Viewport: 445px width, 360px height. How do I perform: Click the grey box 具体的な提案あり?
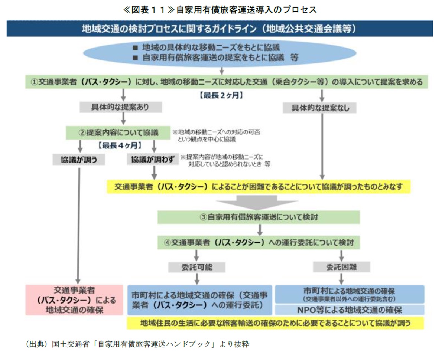(x=121, y=107)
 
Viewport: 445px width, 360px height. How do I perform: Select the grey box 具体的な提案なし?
(x=319, y=108)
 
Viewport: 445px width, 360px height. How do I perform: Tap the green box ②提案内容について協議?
(x=118, y=132)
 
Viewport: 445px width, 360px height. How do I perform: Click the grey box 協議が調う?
(x=79, y=160)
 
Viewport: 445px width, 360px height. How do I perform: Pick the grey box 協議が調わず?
(x=153, y=160)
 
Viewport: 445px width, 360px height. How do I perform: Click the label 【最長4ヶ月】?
(x=120, y=146)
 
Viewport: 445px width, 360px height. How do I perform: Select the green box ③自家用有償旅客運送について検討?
(x=259, y=217)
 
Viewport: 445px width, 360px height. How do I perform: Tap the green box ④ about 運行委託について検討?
(x=259, y=243)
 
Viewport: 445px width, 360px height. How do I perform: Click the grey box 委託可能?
(x=196, y=267)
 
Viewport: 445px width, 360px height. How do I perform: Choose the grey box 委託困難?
(x=341, y=267)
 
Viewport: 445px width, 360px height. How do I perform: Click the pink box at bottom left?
(x=74, y=300)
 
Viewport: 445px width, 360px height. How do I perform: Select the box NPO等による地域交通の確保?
(x=350, y=310)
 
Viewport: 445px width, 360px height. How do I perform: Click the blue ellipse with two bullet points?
(x=220, y=53)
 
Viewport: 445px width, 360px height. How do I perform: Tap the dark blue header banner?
(x=220, y=29)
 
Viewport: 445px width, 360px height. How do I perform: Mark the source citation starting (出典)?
(x=138, y=344)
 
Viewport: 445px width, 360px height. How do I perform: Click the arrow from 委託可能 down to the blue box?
(x=197, y=279)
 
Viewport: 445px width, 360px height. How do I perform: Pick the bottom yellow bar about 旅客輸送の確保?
(x=275, y=323)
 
